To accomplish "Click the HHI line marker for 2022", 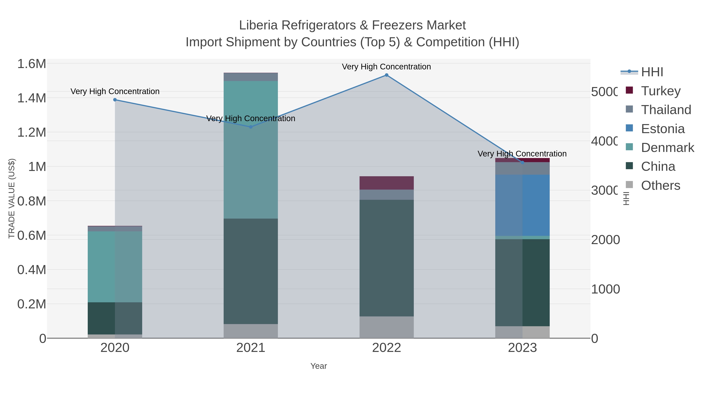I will pyautogui.click(x=386, y=75).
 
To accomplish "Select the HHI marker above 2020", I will pyautogui.click(x=115, y=100).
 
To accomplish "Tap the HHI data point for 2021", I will pyautogui.click(x=251, y=127).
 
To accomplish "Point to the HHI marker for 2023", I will pyautogui.click(x=522, y=163).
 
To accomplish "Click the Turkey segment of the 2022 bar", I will pyautogui.click(x=386, y=183).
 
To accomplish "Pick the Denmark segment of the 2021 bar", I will pyautogui.click(x=251, y=149).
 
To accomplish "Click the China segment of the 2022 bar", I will pyautogui.click(x=386, y=258).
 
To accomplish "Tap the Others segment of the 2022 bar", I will pyautogui.click(x=386, y=327).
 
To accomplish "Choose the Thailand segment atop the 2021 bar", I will pyautogui.click(x=251, y=77).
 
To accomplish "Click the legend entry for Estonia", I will pyautogui.click(x=663, y=129).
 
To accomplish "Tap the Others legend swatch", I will pyautogui.click(x=629, y=185).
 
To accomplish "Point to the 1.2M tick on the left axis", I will pyautogui.click(x=32, y=133).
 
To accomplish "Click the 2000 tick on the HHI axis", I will pyautogui.click(x=605, y=240).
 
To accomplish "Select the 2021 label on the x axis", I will pyautogui.click(x=251, y=348).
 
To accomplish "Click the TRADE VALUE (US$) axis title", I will pyautogui.click(x=12, y=198).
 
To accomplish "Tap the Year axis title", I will pyautogui.click(x=319, y=366).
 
